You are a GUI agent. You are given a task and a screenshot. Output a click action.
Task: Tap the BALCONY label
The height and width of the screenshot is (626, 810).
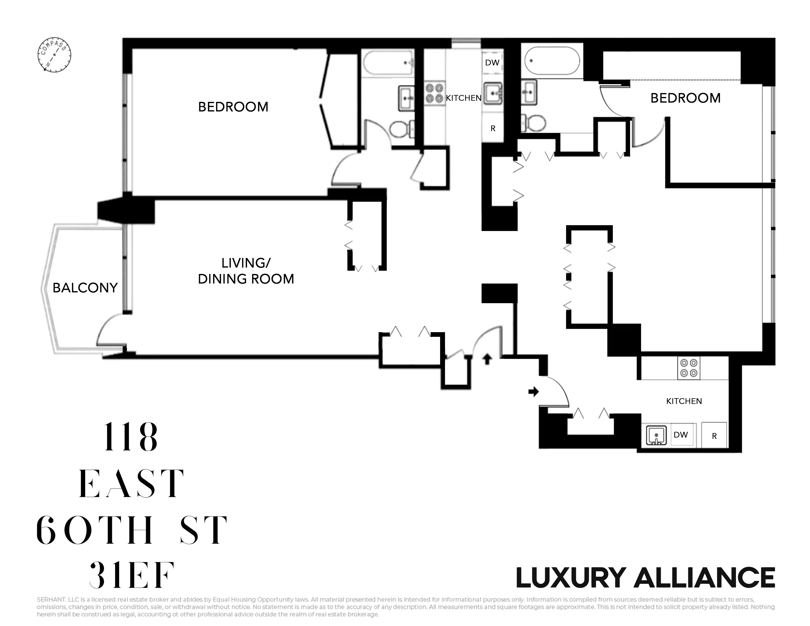(85, 288)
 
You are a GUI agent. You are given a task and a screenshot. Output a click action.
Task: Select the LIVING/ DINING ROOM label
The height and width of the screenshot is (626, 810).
(246, 271)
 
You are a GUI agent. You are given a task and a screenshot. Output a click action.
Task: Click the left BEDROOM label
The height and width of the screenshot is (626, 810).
(233, 107)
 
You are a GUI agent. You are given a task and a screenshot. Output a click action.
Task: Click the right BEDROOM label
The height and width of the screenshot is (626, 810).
(685, 98)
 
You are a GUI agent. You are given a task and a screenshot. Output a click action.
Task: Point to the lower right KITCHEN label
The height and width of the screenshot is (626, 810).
(684, 401)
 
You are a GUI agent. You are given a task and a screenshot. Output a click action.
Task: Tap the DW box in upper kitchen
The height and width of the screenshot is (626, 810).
(492, 63)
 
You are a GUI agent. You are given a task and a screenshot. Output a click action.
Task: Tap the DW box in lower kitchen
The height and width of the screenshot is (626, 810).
(681, 435)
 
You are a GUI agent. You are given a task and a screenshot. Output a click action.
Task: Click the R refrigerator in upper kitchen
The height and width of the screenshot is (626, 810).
(493, 128)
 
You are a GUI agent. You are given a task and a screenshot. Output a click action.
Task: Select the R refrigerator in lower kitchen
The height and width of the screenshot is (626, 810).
(714, 436)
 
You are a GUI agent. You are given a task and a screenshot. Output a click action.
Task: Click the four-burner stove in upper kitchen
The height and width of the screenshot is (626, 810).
(434, 93)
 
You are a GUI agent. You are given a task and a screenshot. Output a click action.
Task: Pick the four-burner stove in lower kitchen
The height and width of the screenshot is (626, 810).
(689, 368)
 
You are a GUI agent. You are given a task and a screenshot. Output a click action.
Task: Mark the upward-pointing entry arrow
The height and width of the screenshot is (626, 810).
(487, 359)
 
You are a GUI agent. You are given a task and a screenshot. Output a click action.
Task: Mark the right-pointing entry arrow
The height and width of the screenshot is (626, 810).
(533, 391)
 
